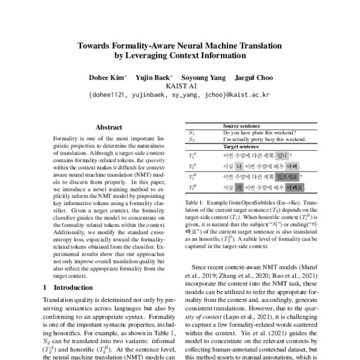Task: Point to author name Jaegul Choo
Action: (256, 77)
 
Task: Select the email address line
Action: (180, 95)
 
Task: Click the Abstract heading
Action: (109, 127)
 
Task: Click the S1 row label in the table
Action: (191, 133)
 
